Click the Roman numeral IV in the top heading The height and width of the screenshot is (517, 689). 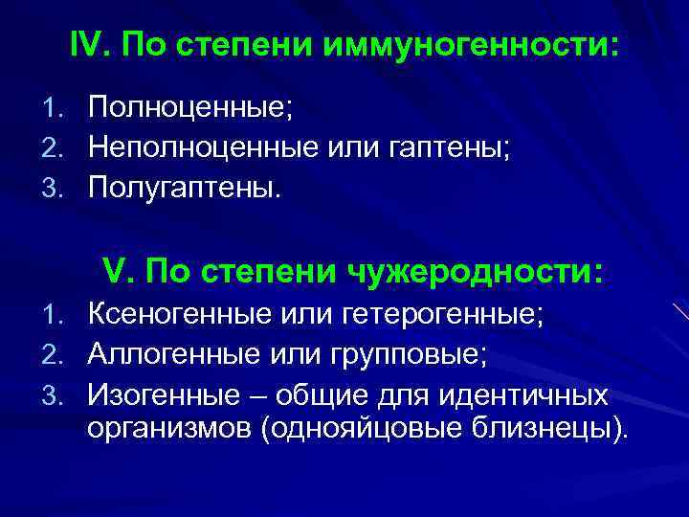85,46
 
